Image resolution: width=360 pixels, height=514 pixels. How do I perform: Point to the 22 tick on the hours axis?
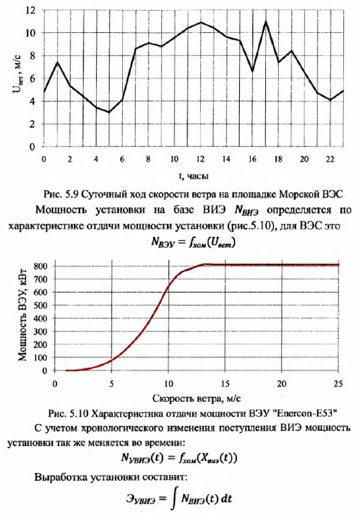click(x=330, y=159)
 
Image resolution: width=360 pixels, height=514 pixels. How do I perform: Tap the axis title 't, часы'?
click(x=193, y=176)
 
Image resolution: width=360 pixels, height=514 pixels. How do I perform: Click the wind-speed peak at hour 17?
click(x=266, y=21)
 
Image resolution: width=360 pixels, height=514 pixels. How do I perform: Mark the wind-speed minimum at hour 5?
click(x=109, y=112)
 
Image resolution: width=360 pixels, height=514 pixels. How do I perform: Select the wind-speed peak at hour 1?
click(x=58, y=62)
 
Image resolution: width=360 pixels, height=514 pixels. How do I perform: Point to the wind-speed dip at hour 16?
click(x=253, y=71)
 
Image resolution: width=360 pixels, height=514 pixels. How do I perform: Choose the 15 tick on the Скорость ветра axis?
click(x=225, y=384)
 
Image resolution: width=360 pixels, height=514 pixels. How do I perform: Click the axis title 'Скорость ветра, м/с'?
click(x=197, y=399)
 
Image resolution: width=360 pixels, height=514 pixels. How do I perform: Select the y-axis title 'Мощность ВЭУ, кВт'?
click(x=22, y=317)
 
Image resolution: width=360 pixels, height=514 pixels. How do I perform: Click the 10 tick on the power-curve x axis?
click(x=169, y=384)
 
